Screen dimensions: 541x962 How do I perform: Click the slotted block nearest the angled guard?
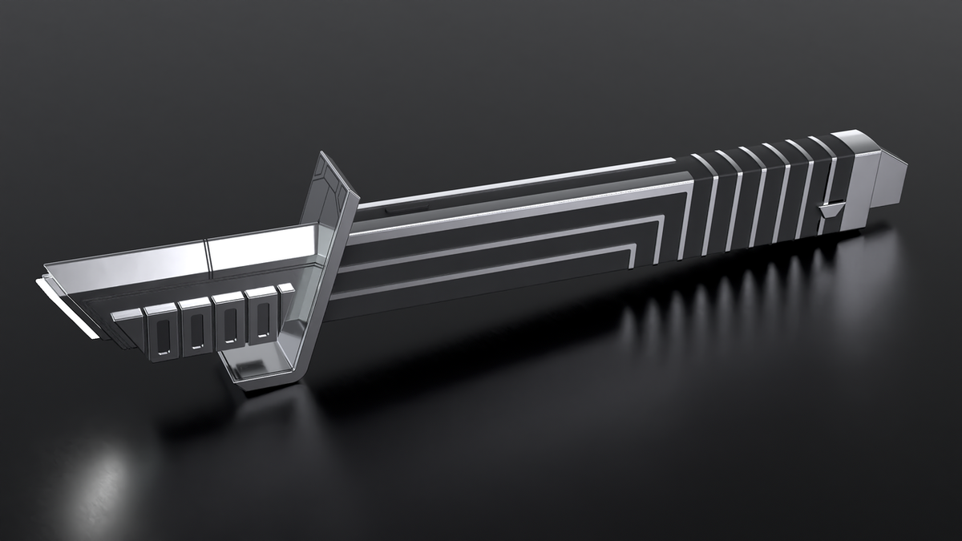(x=261, y=317)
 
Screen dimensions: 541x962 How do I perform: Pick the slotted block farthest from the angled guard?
(x=160, y=330)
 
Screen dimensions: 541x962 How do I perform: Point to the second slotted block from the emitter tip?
(x=195, y=325)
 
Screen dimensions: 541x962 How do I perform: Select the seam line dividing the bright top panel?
(x=207, y=255)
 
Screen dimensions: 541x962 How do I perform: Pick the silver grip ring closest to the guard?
(x=709, y=204)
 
